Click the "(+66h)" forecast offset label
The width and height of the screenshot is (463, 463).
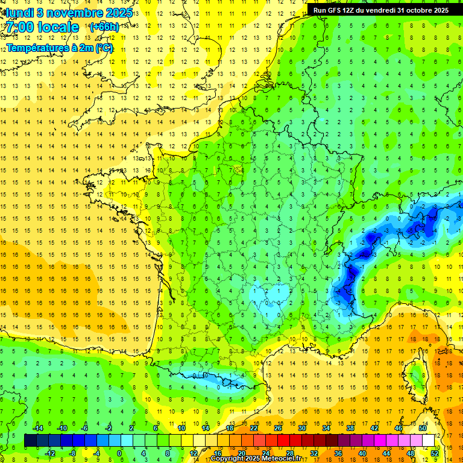click(104, 27)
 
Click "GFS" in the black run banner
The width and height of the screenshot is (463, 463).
click(338, 10)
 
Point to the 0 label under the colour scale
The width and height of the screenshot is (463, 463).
click(119, 453)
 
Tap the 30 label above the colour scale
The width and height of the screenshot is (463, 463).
click(301, 428)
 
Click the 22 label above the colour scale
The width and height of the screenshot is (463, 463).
click(254, 428)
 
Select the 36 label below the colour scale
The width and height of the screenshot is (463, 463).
click(338, 453)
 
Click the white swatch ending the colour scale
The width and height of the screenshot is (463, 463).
click(429, 441)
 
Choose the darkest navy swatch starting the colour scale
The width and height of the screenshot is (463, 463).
click(30, 441)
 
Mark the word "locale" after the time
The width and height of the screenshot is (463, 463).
click(58, 27)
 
